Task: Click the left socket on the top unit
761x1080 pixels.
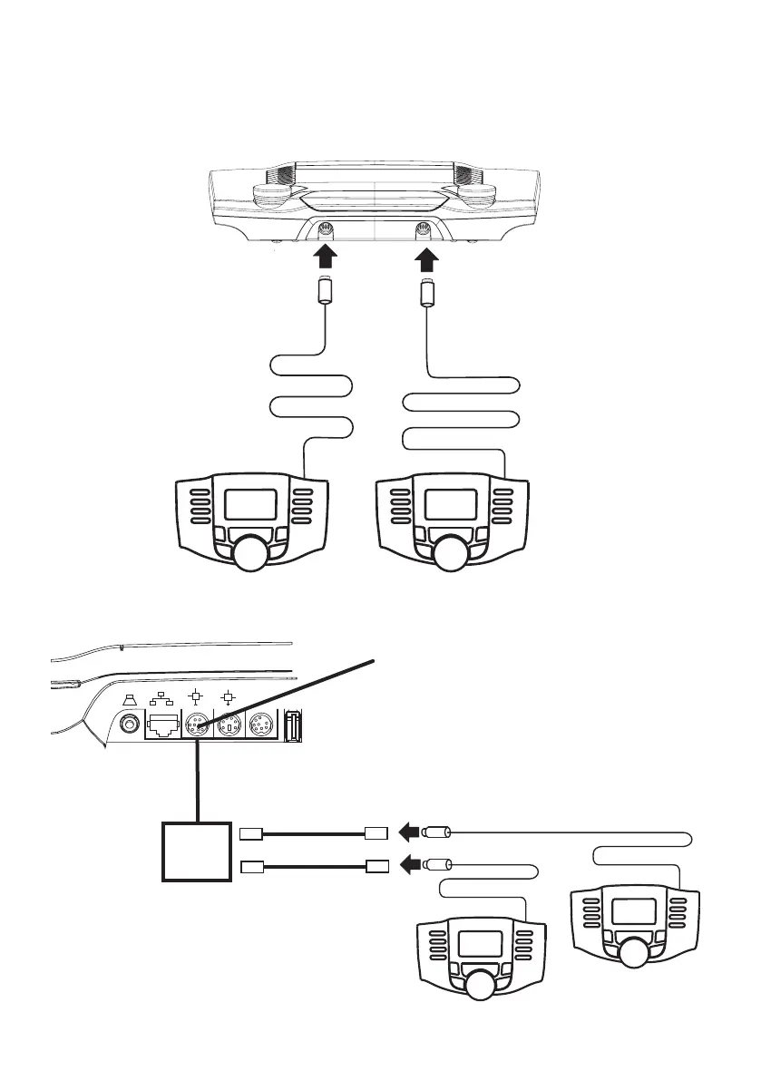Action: click(327, 230)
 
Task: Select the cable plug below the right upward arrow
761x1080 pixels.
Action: click(427, 295)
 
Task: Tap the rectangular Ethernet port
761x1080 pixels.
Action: click(162, 725)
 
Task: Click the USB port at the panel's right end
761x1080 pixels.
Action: click(294, 725)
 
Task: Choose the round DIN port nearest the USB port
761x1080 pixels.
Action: click(260, 725)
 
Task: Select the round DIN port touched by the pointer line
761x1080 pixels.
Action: click(196, 725)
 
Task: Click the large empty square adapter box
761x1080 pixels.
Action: click(195, 851)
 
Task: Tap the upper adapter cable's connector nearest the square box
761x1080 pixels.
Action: click(251, 832)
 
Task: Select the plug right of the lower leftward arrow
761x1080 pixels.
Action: click(438, 865)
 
